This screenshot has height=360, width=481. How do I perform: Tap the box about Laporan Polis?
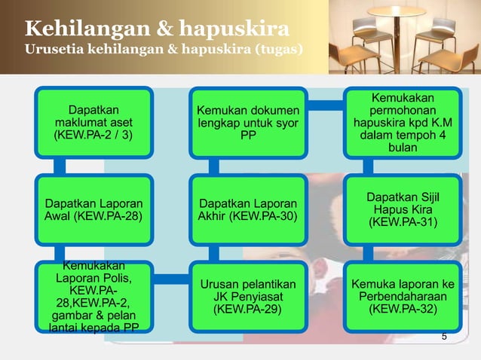pyautogui.click(x=93, y=296)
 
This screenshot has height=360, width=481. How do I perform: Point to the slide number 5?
pyautogui.click(x=444, y=336)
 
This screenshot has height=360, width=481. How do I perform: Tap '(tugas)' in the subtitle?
pyautogui.click(x=278, y=50)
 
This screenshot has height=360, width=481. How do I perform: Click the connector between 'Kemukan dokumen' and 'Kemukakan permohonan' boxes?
pyautogui.click(x=326, y=103)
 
